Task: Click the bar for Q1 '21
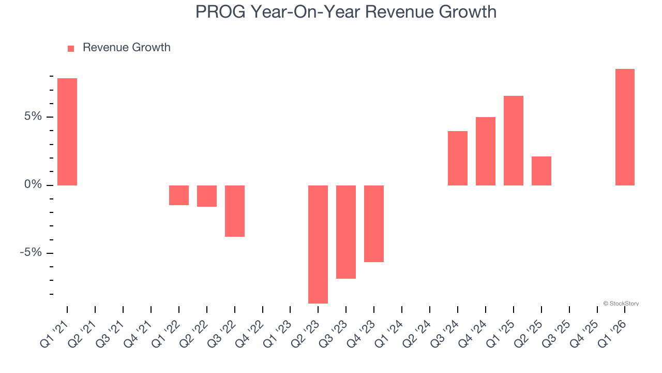[x=67, y=132]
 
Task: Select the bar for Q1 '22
[x=179, y=195]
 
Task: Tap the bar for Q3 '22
[x=235, y=211]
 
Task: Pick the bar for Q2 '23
[x=318, y=244]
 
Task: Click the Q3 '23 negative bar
[x=346, y=232]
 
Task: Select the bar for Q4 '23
[x=374, y=223]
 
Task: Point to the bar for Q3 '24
[x=458, y=158]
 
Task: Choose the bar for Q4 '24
[x=486, y=151]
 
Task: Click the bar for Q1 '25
[x=514, y=140]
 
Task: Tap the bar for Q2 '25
[x=541, y=170]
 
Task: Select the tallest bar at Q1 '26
[x=625, y=127]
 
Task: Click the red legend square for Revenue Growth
[x=71, y=48]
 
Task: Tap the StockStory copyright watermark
[x=621, y=304]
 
